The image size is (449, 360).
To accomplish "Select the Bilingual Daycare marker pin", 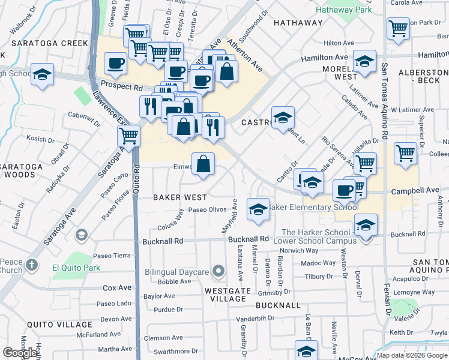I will (x=219, y=272).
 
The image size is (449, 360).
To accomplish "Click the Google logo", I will (x=20, y=352).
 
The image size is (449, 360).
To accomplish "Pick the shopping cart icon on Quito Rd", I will (x=128, y=136).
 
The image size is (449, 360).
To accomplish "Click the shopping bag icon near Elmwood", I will (x=203, y=163).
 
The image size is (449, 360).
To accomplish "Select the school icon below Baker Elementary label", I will (x=258, y=209).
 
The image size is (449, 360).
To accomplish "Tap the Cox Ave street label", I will (x=116, y=288).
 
